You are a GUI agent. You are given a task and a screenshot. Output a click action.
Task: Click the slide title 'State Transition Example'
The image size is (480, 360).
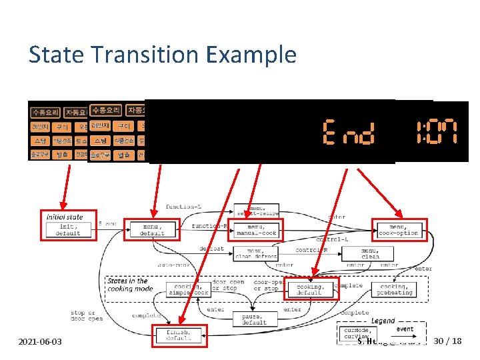pyautogui.click(x=162, y=54)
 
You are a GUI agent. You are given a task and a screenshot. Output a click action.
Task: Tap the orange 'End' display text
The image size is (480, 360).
pyautogui.click(x=348, y=132)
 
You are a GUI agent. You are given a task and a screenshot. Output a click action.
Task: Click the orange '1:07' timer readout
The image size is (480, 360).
pyautogui.click(x=437, y=132)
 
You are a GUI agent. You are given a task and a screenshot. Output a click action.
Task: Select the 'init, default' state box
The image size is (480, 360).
pyautogui.click(x=69, y=229)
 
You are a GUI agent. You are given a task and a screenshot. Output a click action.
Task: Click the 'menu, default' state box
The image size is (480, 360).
pyautogui.click(x=153, y=229)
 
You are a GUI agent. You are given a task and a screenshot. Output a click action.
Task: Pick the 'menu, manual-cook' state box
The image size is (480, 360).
pyautogui.click(x=256, y=229)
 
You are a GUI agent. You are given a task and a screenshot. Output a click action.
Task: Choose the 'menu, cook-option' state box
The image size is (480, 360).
pyautogui.click(x=399, y=229)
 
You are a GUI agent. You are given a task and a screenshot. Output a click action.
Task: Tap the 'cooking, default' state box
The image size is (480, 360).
pyautogui.click(x=311, y=289)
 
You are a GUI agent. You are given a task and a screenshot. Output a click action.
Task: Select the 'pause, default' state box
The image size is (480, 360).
pyautogui.click(x=254, y=319)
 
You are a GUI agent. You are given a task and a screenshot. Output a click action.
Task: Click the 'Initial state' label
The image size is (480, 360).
pyautogui.click(x=65, y=217)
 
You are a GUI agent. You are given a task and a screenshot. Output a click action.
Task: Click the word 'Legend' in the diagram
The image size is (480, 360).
pyautogui.click(x=383, y=321)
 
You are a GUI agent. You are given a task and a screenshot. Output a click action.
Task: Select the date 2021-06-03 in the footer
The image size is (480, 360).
pyautogui.click(x=41, y=341)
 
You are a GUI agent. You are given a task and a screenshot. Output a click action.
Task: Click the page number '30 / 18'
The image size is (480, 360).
pyautogui.click(x=447, y=341)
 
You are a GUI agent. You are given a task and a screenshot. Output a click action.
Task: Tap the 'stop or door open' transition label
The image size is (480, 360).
pyautogui.click(x=87, y=315)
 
